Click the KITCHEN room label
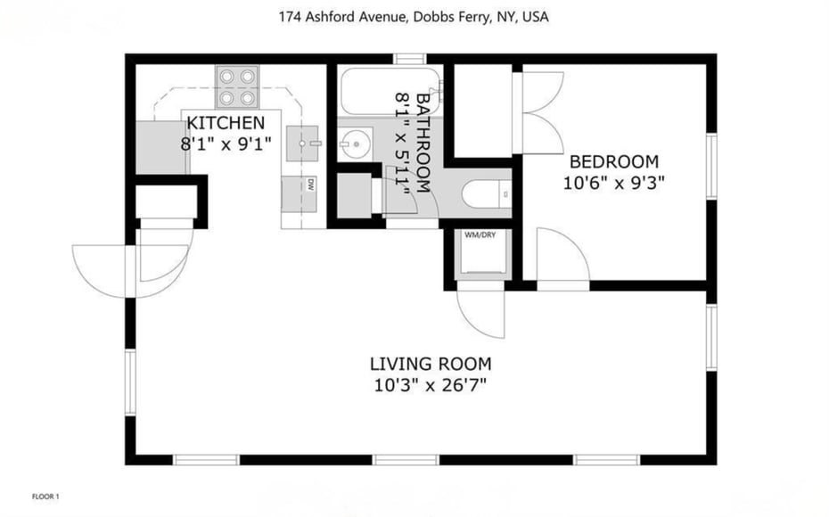click(225, 123)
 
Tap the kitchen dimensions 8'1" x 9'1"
click(226, 143)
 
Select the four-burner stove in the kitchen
click(237, 87)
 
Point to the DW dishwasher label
click(310, 185)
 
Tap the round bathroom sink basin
click(361, 142)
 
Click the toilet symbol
click(487, 193)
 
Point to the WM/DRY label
click(479, 234)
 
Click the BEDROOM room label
click(614, 162)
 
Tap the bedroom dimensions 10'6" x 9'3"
click(614, 183)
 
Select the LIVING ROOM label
click(431, 364)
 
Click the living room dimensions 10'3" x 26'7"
click(431, 385)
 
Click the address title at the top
click(414, 16)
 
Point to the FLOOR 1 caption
click(45, 496)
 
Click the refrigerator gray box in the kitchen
click(158, 147)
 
